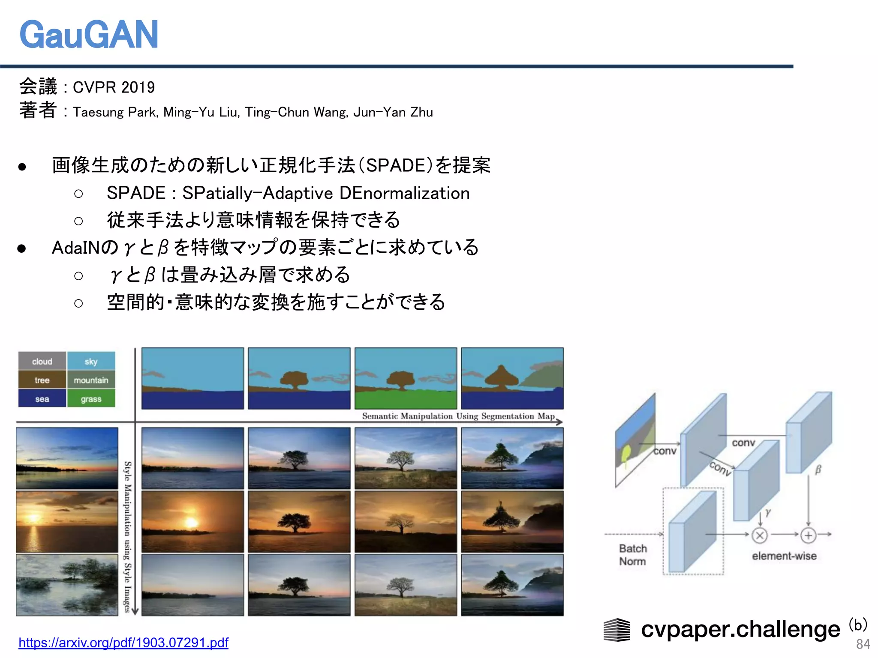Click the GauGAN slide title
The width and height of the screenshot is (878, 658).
tap(89, 35)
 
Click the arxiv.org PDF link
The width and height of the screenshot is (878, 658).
tap(123, 642)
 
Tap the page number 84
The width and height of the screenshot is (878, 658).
tap(863, 644)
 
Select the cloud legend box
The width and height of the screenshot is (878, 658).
tap(42, 361)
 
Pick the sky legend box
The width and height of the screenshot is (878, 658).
tap(91, 361)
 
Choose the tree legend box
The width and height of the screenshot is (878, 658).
tap(42, 380)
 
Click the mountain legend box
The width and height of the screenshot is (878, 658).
tap(91, 380)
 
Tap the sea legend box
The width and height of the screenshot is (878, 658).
tap(42, 399)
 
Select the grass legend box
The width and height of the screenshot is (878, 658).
tap(91, 399)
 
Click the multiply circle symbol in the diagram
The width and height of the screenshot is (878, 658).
tap(760, 535)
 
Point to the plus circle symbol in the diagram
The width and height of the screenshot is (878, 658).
tap(808, 535)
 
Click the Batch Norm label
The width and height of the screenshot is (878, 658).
tap(633, 555)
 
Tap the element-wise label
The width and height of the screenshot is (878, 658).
tap(784, 556)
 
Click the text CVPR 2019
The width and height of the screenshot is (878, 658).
tap(114, 87)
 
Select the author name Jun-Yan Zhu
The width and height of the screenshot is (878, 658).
tap(393, 112)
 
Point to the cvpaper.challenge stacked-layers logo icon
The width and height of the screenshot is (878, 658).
tap(617, 630)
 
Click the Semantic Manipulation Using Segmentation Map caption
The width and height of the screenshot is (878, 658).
tap(458, 416)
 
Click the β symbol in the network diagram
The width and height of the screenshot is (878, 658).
tap(818, 470)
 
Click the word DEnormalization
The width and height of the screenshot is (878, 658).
tap(404, 193)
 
